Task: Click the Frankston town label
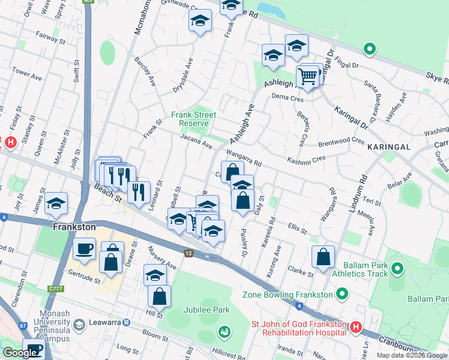[x=74, y=227]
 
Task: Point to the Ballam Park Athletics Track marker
[x=397, y=268]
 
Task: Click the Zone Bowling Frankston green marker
[x=342, y=294]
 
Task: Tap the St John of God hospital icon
[x=355, y=327]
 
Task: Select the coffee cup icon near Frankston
[x=85, y=248]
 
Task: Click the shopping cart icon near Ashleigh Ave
[x=307, y=77]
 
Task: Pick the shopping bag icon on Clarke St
[x=323, y=257]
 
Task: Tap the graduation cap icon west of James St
[x=56, y=204]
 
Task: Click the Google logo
[x=19, y=353]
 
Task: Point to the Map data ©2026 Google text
[x=411, y=355]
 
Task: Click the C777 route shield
[x=55, y=290]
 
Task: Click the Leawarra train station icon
[x=127, y=322]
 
